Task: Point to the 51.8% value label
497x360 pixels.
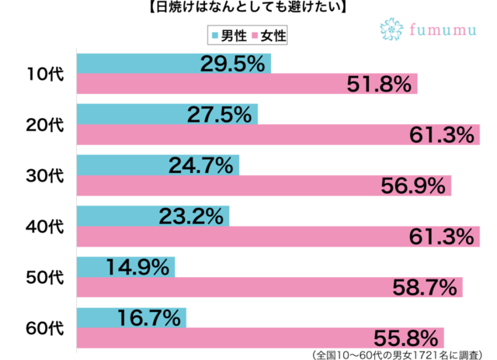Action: tap(379, 85)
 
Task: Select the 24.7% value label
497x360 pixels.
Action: tap(201, 164)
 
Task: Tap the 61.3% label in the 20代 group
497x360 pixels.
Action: tap(440, 135)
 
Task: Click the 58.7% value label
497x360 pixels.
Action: tap(424, 288)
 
